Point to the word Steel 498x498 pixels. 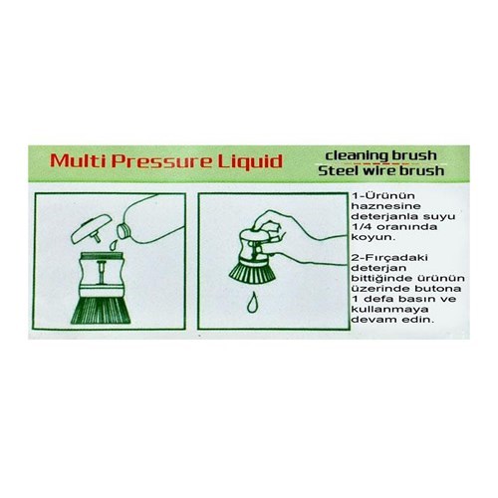[337, 170]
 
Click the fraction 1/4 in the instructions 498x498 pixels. [362, 227]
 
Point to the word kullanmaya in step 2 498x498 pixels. [385, 310]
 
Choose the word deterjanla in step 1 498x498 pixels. [383, 216]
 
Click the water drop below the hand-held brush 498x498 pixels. [253, 303]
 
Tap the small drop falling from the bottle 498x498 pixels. [114, 245]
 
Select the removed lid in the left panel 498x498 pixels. [91, 229]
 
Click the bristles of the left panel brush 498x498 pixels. [101, 310]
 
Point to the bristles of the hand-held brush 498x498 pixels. [252, 271]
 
